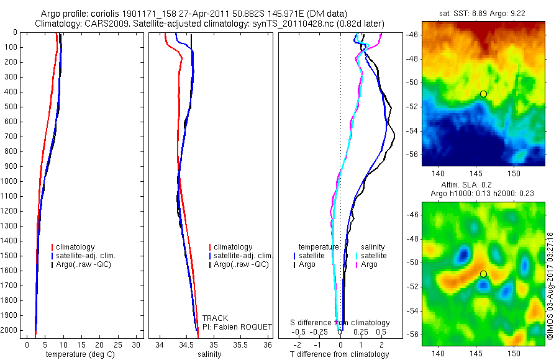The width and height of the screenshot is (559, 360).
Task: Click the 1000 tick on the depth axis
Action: [11, 181]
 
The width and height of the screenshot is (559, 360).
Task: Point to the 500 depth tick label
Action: [11, 107]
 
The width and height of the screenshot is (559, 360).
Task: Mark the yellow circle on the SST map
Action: [483, 94]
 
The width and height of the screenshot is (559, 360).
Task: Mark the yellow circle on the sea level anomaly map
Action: [483, 274]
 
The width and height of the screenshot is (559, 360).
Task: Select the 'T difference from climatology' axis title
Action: [339, 354]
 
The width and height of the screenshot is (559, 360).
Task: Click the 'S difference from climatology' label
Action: [340, 323]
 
